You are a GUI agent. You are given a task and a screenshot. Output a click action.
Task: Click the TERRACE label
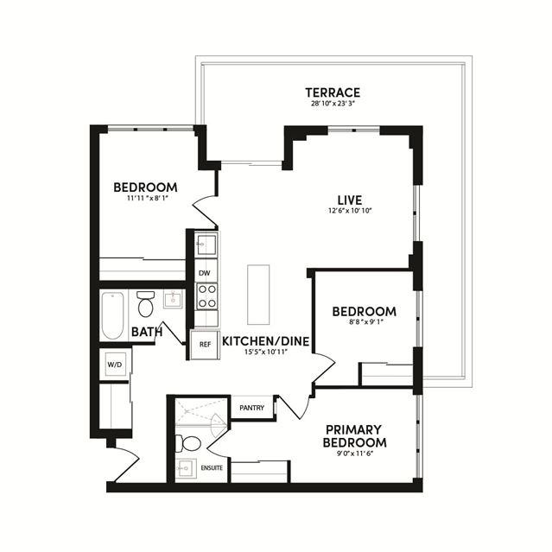[333, 92]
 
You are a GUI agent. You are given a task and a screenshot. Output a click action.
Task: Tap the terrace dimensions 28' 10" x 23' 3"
[333, 104]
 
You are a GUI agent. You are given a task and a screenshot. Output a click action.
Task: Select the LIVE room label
[350, 200]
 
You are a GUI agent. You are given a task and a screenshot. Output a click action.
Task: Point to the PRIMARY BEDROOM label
[354, 436]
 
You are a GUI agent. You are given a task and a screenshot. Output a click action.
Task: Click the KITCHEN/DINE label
[266, 341]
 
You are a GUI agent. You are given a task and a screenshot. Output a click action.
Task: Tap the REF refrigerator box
[205, 345]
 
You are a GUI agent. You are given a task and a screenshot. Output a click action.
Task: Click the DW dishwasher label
[204, 273]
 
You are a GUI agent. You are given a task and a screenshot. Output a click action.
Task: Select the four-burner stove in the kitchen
[206, 296]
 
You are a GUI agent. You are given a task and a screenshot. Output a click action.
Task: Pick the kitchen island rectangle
[258, 295]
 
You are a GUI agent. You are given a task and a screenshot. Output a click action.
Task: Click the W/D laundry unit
[115, 365]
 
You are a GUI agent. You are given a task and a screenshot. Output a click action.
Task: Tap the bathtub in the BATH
[112, 315]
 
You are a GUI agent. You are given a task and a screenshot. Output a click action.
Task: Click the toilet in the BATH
[145, 304]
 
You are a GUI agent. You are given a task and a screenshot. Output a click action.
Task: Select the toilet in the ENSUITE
[188, 443]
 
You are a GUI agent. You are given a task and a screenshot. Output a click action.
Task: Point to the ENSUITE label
[212, 468]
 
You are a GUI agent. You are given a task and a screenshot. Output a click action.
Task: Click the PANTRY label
[251, 408]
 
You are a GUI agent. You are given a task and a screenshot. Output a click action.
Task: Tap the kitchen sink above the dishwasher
[206, 244]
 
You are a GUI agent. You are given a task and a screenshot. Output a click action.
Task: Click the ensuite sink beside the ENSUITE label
[186, 468]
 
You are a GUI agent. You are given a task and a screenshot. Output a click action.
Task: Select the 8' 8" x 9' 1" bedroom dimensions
[364, 321]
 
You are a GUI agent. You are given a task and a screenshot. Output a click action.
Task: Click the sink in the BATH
[173, 300]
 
